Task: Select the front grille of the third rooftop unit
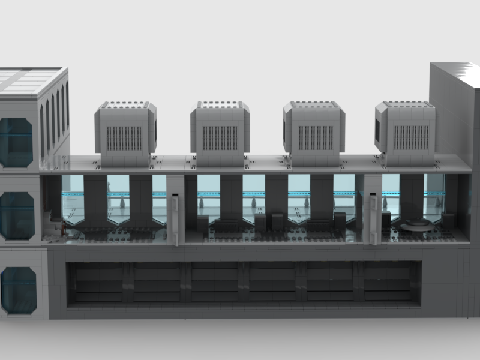(x=316, y=138)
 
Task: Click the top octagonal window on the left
(x=15, y=142)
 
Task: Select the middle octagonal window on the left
(x=16, y=215)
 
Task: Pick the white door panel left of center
(x=174, y=219)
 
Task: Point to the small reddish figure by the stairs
(x=64, y=227)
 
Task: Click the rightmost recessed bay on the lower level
(x=387, y=283)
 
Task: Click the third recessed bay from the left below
(x=214, y=283)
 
